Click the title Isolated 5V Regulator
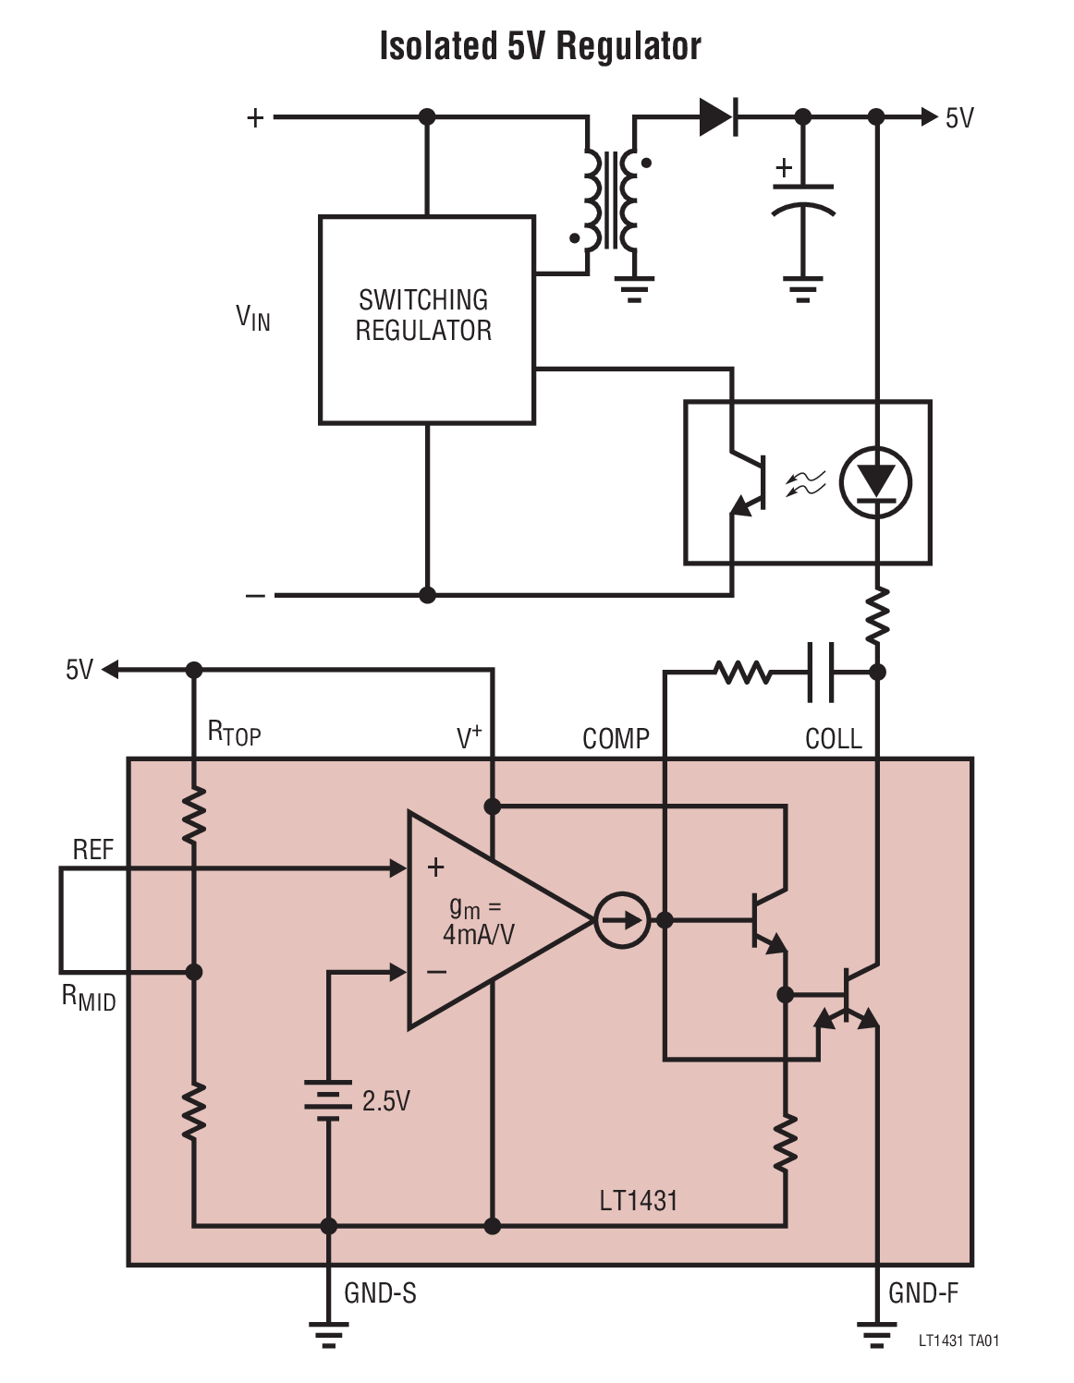pos(540,46)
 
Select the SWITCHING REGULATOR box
pos(425,319)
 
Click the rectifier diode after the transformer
pos(718,117)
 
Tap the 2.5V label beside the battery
pos(385,1101)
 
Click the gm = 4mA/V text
pos(478,921)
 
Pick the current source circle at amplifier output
pos(621,920)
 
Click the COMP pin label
pos(616,739)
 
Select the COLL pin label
pos(833,739)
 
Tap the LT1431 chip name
pos(639,1200)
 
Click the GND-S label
pos(380,1293)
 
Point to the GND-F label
pos(922,1293)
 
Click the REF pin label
pos(92,850)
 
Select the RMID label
pos(89,998)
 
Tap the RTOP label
pos(234,734)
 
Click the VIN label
pos(252,319)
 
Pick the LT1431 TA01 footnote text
pos(958,1341)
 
